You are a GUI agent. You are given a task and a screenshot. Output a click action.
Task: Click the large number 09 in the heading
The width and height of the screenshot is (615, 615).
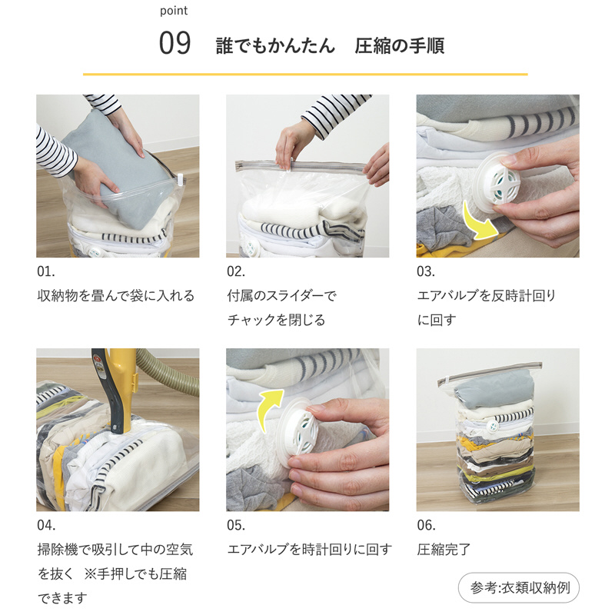(175, 43)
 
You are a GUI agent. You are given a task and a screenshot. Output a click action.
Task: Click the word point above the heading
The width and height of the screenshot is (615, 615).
(174, 11)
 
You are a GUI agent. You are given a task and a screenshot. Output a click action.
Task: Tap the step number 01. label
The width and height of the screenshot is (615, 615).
(46, 271)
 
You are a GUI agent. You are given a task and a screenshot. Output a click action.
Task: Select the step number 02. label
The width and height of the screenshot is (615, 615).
(236, 271)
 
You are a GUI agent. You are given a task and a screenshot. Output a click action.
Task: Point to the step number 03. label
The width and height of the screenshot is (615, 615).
(426, 271)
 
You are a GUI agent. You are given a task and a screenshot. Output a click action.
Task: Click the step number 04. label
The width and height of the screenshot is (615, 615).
(46, 525)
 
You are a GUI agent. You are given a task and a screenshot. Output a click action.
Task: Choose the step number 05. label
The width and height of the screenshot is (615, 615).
(236, 525)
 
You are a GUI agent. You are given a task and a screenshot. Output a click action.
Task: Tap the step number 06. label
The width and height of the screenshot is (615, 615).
(427, 525)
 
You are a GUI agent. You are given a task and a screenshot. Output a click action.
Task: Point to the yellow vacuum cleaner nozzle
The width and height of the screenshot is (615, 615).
(114, 388)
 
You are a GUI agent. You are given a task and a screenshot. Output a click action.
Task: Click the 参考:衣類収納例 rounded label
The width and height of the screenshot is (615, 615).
(518, 587)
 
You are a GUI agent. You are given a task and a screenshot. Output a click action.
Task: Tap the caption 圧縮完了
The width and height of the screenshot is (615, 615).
(444, 550)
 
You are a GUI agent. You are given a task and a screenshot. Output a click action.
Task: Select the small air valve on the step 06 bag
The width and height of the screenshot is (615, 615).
(492, 426)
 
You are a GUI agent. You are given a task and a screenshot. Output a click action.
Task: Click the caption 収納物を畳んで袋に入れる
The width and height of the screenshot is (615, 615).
(116, 296)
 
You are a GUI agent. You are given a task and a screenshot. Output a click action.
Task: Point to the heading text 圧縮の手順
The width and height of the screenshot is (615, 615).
(399, 45)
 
